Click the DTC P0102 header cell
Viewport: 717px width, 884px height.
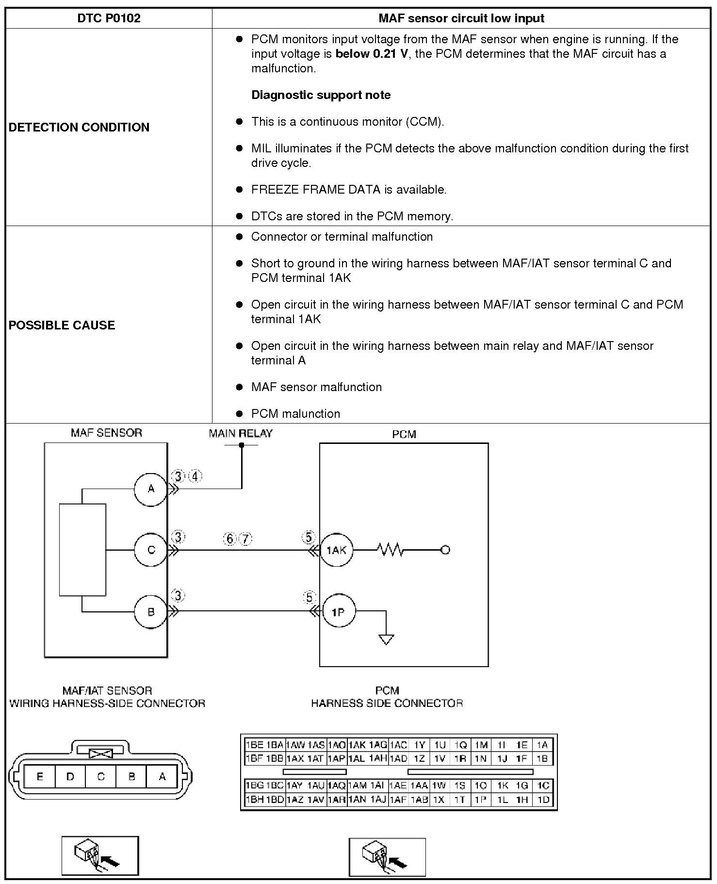(109, 18)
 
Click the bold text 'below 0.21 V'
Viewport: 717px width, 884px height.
(372, 54)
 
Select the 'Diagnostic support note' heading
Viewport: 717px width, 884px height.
(321, 95)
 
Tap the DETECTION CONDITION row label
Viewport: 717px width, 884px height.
(79, 127)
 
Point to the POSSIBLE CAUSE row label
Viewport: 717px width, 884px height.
(62, 325)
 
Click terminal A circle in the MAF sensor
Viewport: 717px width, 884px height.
(151, 489)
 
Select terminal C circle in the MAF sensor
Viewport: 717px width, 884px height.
(151, 550)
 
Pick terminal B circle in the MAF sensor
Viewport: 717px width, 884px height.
(151, 612)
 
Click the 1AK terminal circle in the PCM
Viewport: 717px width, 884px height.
(337, 550)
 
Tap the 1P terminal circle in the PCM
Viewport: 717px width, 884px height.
(338, 612)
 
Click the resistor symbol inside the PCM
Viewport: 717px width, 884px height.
(390, 550)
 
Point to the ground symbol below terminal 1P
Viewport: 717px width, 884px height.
(386, 639)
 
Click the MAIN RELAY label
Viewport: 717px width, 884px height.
(241, 434)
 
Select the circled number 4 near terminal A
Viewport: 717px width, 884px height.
(195, 476)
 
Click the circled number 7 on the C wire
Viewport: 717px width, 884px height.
(246, 539)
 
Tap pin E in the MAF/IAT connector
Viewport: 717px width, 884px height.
(40, 777)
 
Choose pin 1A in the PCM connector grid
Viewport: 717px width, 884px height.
(542, 745)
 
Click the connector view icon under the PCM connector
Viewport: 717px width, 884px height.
(387, 857)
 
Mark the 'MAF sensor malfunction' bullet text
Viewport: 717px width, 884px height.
(316, 387)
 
